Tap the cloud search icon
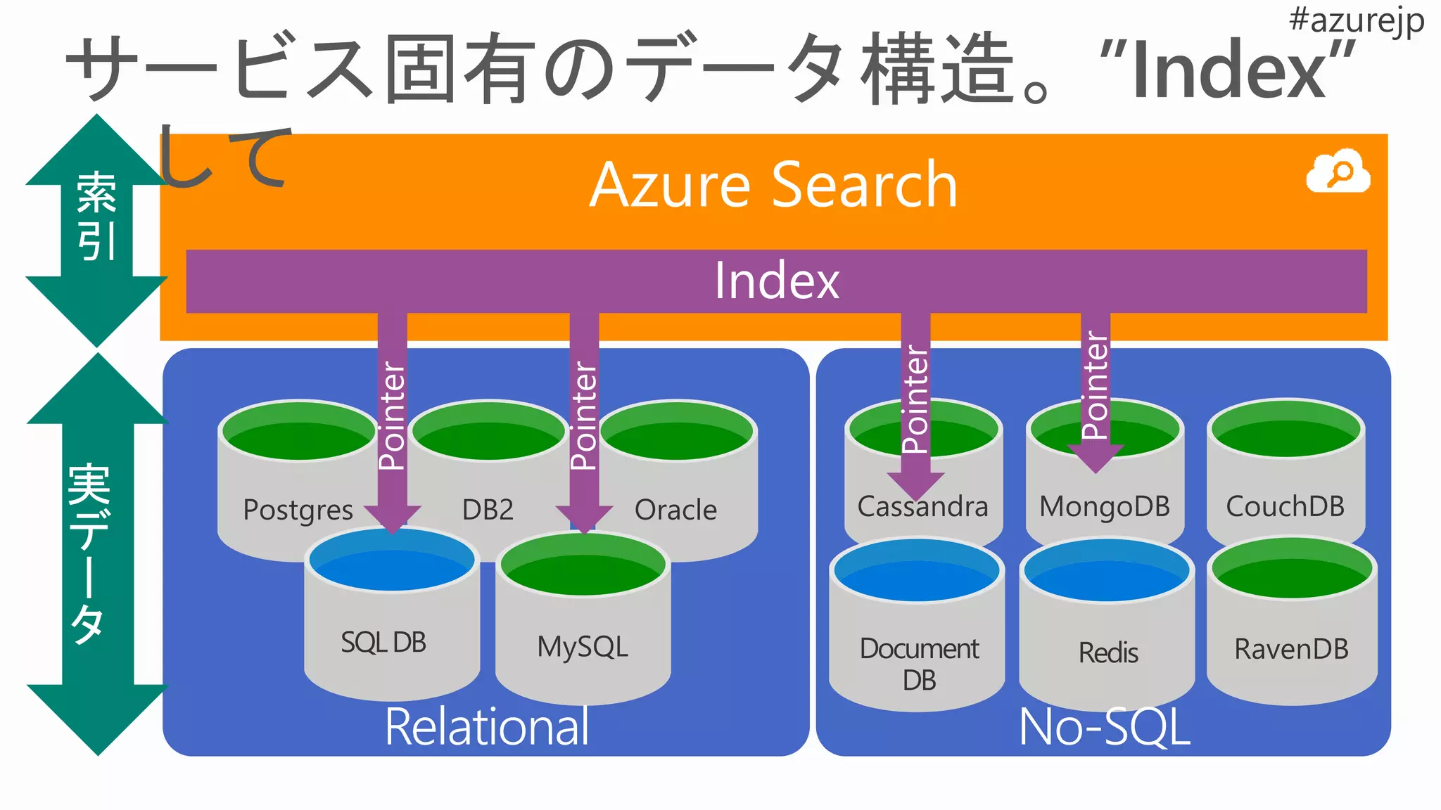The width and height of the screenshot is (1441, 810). pyautogui.click(x=1338, y=172)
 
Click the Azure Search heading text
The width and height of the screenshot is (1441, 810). pyautogui.click(x=773, y=185)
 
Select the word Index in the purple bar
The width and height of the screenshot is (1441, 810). pyautogui.click(x=777, y=281)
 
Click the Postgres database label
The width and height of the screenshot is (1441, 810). pyautogui.click(x=298, y=510)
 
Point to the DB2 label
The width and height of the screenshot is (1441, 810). pyautogui.click(x=488, y=510)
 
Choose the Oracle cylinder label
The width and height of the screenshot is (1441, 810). pyautogui.click(x=675, y=510)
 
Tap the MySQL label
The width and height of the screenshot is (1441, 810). pyautogui.click(x=583, y=647)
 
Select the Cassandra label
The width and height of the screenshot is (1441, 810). pyautogui.click(x=922, y=506)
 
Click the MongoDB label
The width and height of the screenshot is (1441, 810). pyautogui.click(x=1105, y=506)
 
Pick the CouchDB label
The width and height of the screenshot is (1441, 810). pyautogui.click(x=1285, y=506)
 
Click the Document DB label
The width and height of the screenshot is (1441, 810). pyautogui.click(x=919, y=664)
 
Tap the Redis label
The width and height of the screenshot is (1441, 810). pyautogui.click(x=1108, y=652)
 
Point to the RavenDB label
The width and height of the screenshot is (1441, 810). pyautogui.click(x=1291, y=649)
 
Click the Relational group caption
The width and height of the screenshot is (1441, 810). pyautogui.click(x=487, y=727)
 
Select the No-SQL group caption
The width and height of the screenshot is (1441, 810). pyautogui.click(x=1104, y=727)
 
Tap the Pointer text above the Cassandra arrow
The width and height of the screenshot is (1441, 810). pyautogui.click(x=915, y=399)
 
